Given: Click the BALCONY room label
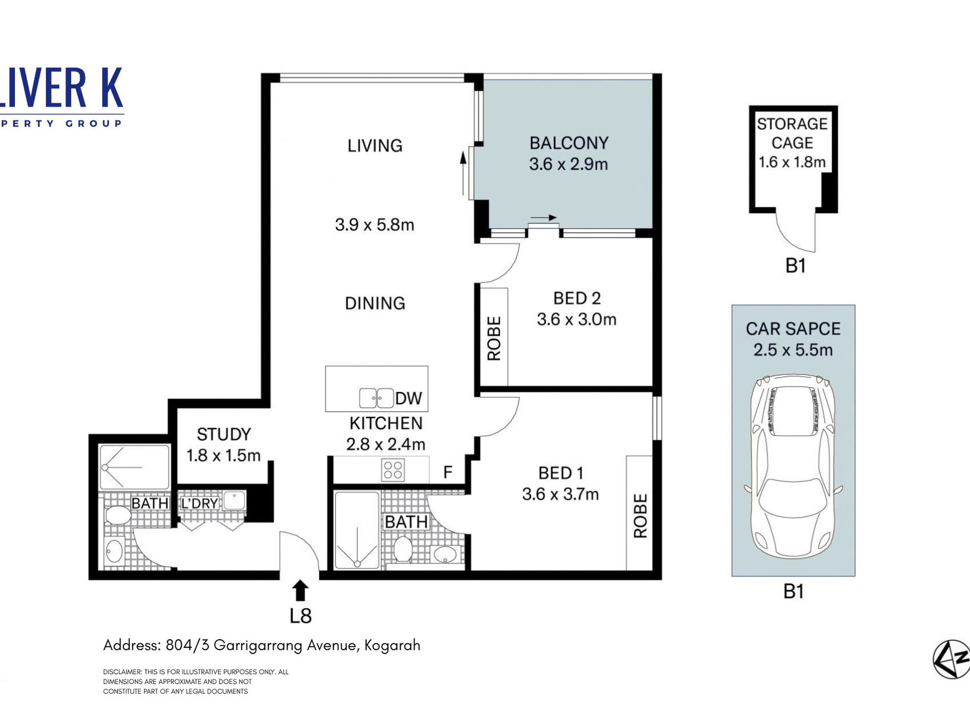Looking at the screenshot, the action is [569, 143].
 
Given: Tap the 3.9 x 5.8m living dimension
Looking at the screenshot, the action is [374, 224].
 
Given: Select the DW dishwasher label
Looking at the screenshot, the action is [408, 398].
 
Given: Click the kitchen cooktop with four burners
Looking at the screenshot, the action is [393, 470].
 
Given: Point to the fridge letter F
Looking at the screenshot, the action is [448, 472].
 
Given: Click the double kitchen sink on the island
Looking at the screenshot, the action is [376, 398].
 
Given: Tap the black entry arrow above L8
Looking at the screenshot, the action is [300, 591].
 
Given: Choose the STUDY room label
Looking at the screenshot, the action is [224, 434].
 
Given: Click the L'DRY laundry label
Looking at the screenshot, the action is [200, 504].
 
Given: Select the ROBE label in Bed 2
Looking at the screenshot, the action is [494, 338].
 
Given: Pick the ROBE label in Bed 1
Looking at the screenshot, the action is [640, 516].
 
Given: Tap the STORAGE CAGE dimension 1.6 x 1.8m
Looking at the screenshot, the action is [792, 162].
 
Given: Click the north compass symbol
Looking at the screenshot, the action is [952, 659].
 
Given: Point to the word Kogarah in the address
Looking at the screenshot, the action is [392, 646].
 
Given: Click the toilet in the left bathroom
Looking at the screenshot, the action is [118, 515].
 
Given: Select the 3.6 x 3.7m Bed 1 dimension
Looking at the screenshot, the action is [560, 494].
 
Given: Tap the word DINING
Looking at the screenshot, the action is [375, 304].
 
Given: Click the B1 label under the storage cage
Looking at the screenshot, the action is [795, 266].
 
